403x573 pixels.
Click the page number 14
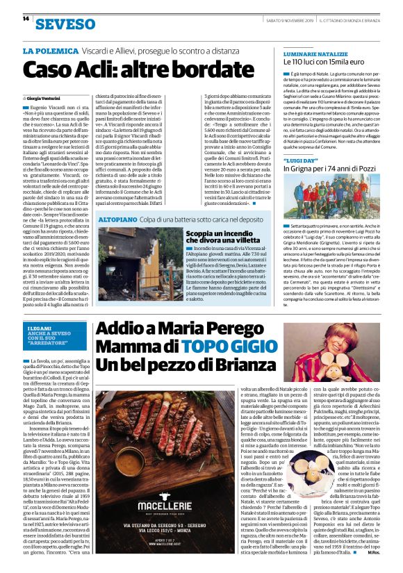[26, 19]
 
